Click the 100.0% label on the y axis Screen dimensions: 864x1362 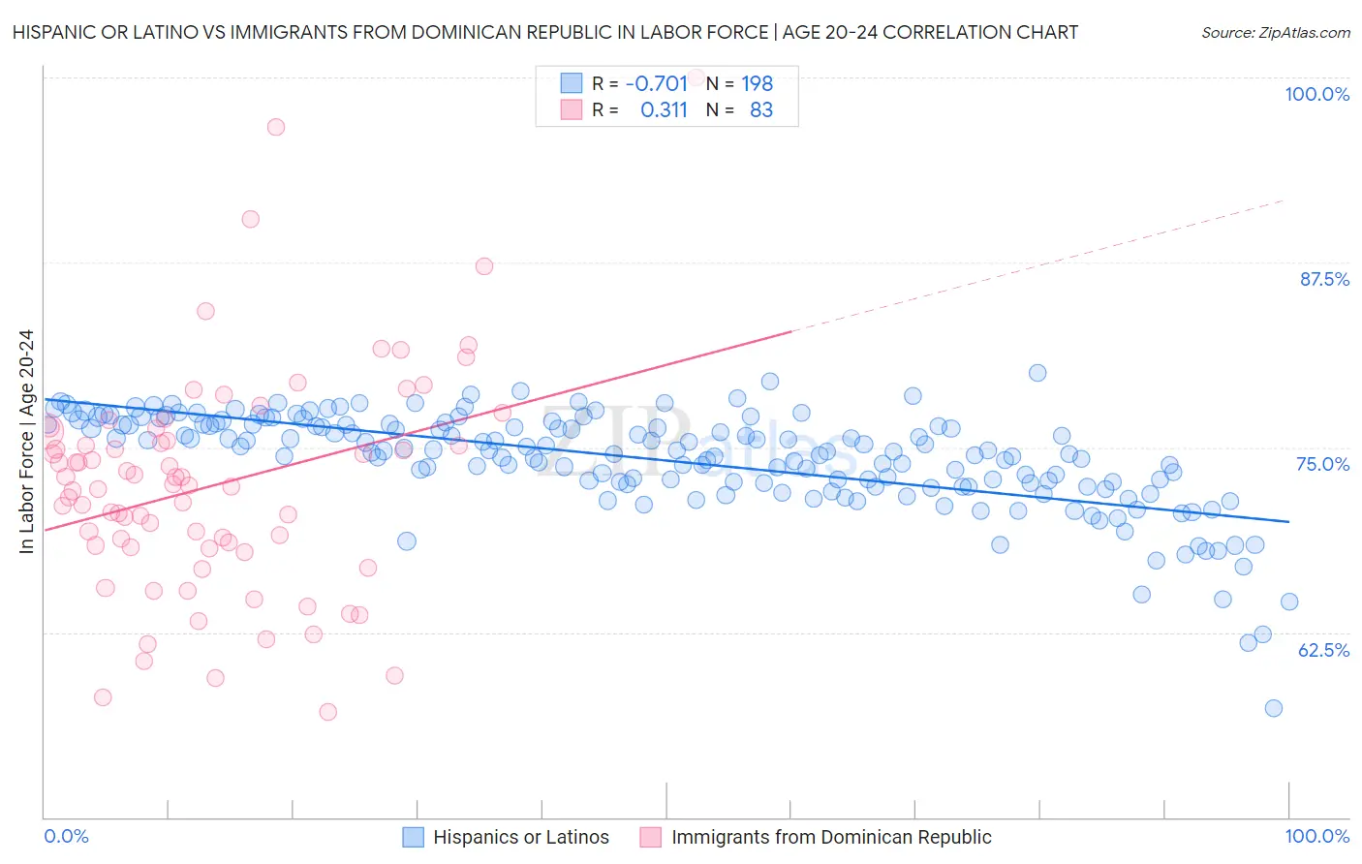point(1316,94)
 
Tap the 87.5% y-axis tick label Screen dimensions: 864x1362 point(1323,279)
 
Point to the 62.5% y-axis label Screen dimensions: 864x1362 point(1323,650)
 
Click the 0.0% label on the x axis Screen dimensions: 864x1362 point(66,837)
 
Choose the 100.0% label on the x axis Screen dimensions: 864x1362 point(1316,837)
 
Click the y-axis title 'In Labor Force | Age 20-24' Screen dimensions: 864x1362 point(26,442)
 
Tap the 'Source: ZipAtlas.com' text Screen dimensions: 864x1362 point(1275,33)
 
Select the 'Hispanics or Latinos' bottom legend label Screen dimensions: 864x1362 point(521,838)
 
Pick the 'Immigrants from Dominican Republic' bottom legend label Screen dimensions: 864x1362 point(831,838)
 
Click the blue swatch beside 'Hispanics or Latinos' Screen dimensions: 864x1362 point(414,838)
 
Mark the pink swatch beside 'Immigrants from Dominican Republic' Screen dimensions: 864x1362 point(651,838)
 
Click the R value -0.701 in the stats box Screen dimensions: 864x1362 point(656,83)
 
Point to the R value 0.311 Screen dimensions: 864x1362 point(664,110)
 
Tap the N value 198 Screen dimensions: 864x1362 point(757,83)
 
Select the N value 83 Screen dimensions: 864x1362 point(761,110)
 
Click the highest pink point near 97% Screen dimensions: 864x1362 point(276,127)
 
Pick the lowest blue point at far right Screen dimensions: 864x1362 point(1274,708)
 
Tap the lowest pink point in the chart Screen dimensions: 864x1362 point(327,712)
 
